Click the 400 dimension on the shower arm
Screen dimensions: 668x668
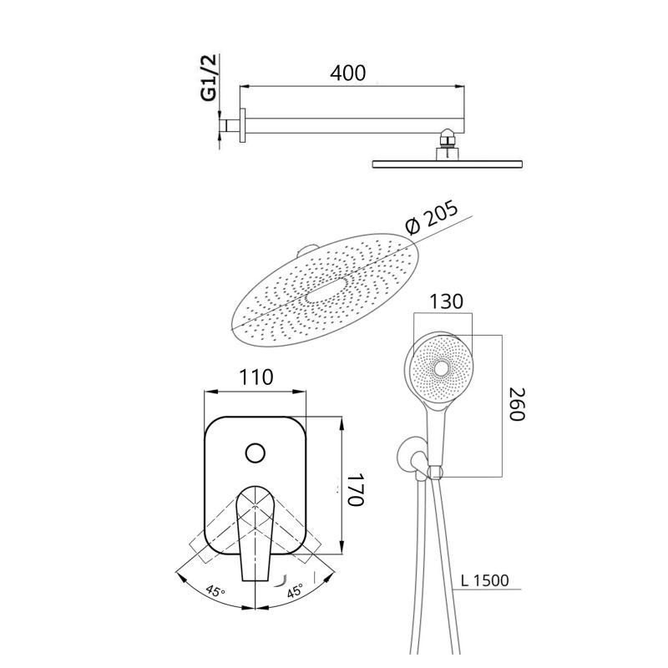(x=347, y=73)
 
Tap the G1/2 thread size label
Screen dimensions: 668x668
(x=210, y=77)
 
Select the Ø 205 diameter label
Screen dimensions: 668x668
(x=431, y=217)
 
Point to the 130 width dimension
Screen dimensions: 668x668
(x=446, y=301)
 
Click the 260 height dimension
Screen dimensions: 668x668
(x=518, y=404)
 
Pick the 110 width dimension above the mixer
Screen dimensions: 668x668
(x=256, y=377)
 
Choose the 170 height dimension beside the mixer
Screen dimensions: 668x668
(x=357, y=490)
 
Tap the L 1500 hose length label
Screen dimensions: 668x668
(x=485, y=580)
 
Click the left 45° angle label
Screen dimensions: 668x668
(x=215, y=591)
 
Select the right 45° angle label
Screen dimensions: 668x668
(x=295, y=590)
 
